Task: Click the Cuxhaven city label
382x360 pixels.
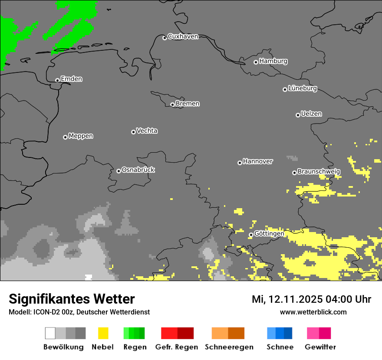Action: (x=183, y=36)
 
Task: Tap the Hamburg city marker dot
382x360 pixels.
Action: (x=256, y=62)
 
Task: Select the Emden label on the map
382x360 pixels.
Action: (x=71, y=79)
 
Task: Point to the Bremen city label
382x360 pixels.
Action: (x=188, y=104)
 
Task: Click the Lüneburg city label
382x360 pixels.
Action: (x=302, y=88)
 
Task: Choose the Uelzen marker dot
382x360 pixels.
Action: (x=298, y=115)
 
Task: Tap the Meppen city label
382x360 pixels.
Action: (x=81, y=136)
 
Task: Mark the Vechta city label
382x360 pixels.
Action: (x=147, y=131)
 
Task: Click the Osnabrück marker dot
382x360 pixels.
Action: (x=119, y=171)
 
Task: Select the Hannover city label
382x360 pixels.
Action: (x=257, y=161)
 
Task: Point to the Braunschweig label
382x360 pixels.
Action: (x=319, y=171)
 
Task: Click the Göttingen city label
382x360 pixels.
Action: (x=269, y=233)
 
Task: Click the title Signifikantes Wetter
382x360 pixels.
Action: (x=72, y=299)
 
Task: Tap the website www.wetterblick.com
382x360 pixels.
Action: (x=313, y=312)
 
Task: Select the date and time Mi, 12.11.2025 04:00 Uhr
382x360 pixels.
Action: (x=311, y=299)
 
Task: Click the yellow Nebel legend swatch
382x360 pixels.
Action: (x=103, y=333)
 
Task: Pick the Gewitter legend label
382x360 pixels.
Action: (x=320, y=347)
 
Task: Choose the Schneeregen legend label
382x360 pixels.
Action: (x=229, y=347)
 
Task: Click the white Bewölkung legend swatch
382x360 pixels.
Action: (x=50, y=333)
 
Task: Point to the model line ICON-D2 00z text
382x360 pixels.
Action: (x=79, y=312)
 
